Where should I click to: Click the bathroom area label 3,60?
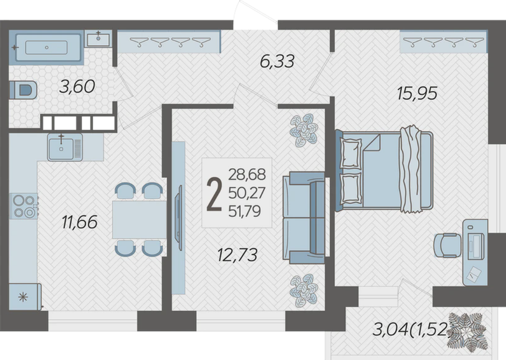[x=77, y=87]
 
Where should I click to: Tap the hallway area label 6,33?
[x=277, y=61]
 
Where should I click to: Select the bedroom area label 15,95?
[x=417, y=93]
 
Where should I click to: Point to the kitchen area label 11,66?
[x=80, y=222]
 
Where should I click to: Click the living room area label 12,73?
[x=237, y=255]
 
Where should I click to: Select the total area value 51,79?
[x=245, y=212]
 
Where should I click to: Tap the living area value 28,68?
[x=247, y=175]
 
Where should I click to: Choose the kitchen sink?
[x=65, y=147]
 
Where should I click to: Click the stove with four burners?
[x=24, y=206]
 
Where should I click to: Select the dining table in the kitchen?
[x=139, y=219]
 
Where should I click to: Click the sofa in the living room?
[x=304, y=217]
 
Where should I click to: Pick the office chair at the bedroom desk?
[x=447, y=245]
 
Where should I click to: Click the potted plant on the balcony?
[x=467, y=332]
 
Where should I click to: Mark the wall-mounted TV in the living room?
[x=178, y=218]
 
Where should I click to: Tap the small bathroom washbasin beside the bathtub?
[x=99, y=39]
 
